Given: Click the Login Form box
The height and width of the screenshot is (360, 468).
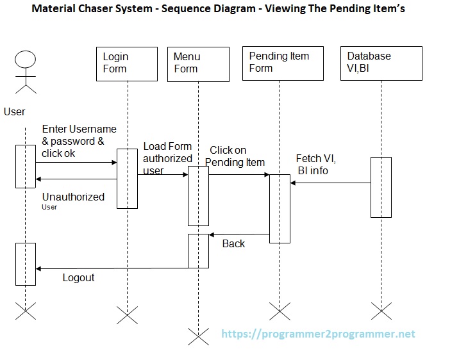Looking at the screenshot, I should point(127,63).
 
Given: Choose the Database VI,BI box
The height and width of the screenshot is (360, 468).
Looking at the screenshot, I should point(381,63).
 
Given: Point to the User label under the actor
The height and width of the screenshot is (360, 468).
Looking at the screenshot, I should point(15,111).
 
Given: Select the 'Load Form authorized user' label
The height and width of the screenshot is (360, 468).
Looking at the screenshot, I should point(167,158).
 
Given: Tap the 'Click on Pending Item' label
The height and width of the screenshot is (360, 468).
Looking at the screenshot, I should point(235,156).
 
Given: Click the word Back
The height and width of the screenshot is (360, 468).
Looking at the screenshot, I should point(233,244).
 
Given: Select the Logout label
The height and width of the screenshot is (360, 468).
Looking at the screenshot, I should point(78,277).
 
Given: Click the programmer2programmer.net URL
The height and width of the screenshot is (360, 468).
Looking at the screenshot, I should point(318,334).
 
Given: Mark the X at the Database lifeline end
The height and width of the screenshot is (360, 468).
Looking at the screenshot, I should point(381,312).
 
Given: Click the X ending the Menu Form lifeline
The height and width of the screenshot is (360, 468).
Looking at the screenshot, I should point(198,335).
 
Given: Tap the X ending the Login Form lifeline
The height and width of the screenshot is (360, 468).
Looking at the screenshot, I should point(127,314).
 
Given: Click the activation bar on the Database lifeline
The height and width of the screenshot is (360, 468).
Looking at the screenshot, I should point(381,187).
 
